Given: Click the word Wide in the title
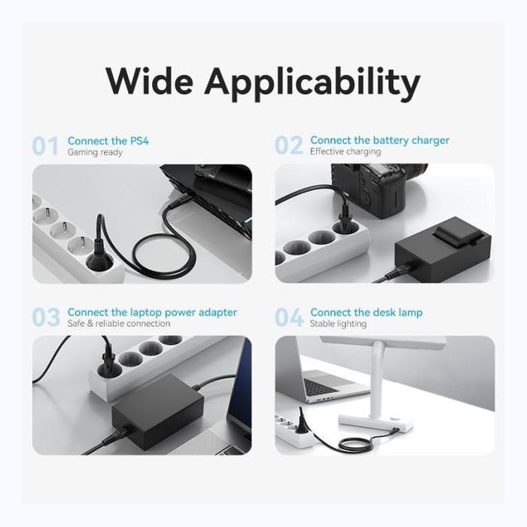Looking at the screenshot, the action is [150, 81].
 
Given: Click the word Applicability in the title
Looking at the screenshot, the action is [312, 84].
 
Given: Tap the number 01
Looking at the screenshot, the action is [45, 146].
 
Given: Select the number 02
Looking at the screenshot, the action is [288, 145].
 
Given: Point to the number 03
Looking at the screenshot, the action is [46, 317].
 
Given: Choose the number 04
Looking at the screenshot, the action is [289, 317].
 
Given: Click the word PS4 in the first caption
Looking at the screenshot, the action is [139, 141].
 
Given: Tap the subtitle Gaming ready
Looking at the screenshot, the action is [95, 152].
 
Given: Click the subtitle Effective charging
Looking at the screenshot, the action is [346, 151].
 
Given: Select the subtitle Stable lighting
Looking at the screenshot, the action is [338, 324].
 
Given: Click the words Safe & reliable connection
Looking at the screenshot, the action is [119, 323].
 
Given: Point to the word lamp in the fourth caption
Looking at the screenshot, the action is [410, 312].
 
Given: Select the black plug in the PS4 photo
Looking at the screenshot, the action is [99, 255].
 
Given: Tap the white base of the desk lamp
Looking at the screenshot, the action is [375, 423].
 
